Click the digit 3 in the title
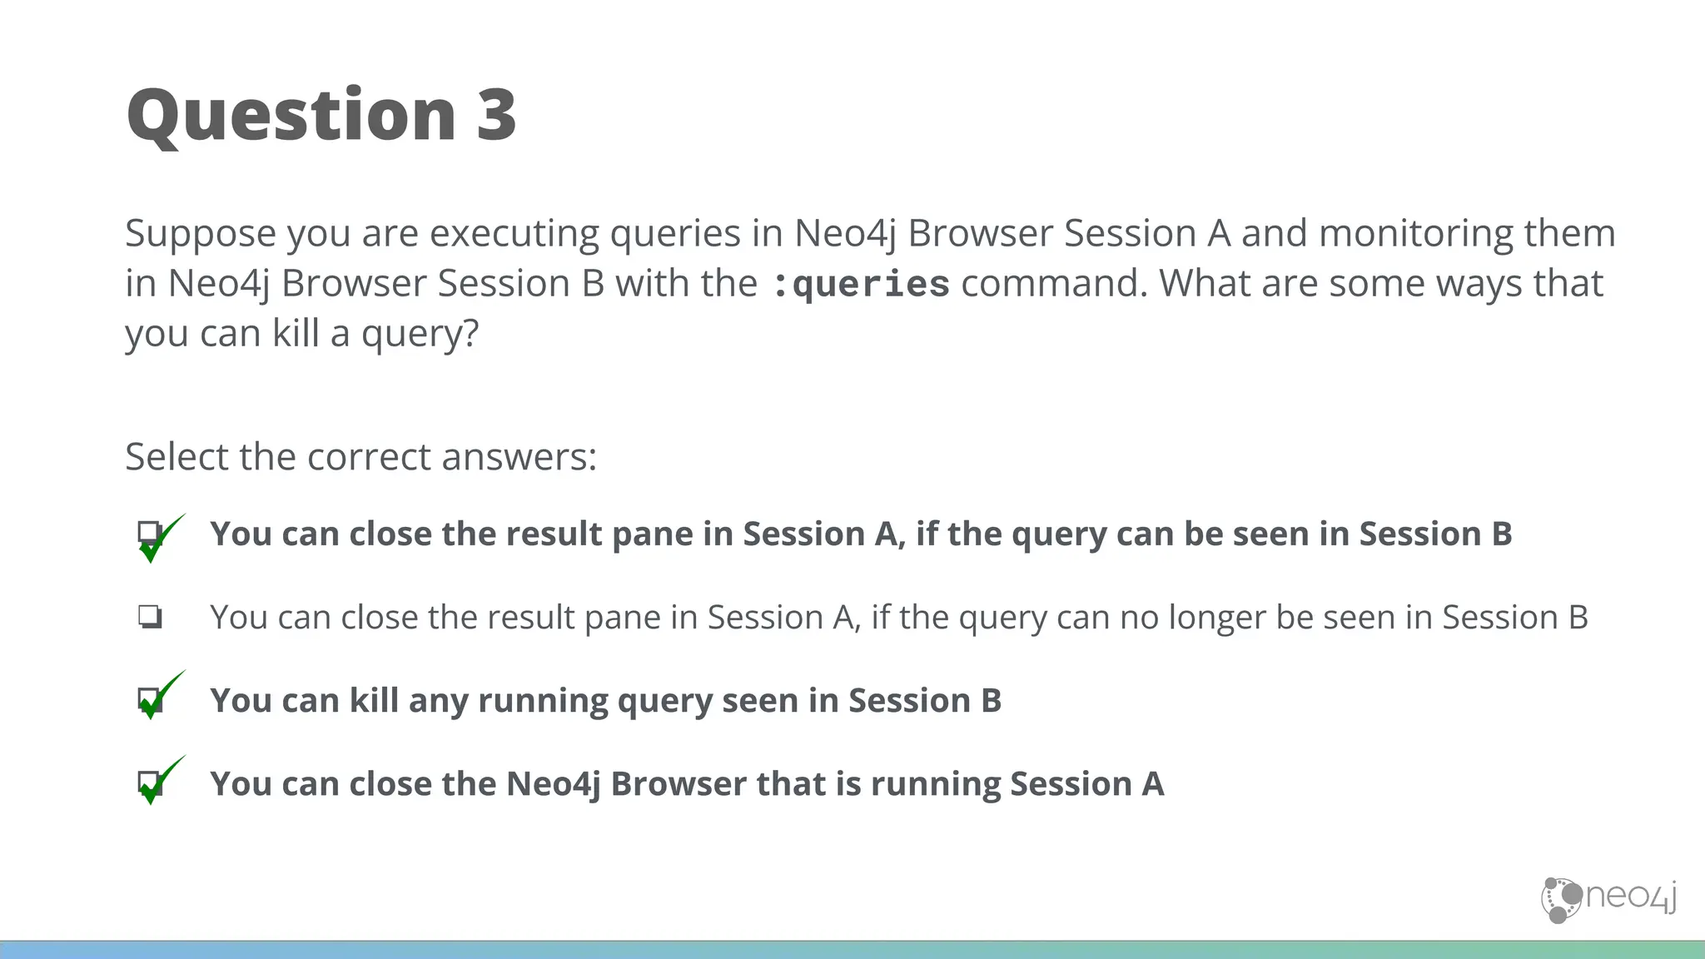pyautogui.click(x=496, y=115)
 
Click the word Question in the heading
pyautogui.click(x=291, y=117)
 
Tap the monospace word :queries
pyautogui.click(x=861, y=285)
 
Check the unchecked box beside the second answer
pyautogui.click(x=150, y=617)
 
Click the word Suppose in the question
pyautogui.click(x=200, y=235)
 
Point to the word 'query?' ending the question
pyautogui.click(x=420, y=335)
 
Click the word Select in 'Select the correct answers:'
pyautogui.click(x=176, y=457)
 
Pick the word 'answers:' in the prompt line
pyautogui.click(x=519, y=457)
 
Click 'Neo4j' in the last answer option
pyautogui.click(x=552, y=784)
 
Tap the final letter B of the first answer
pyautogui.click(x=1502, y=534)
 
